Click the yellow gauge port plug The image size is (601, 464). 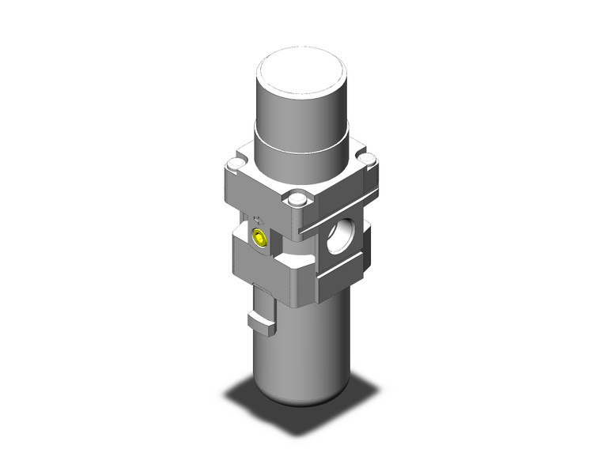pos(259,238)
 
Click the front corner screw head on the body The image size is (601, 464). pos(297,200)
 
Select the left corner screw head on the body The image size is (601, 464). pos(233,164)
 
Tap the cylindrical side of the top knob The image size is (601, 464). pos(300,107)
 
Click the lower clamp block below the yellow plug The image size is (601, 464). pos(253,265)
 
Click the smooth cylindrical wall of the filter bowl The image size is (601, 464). pos(308,348)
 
